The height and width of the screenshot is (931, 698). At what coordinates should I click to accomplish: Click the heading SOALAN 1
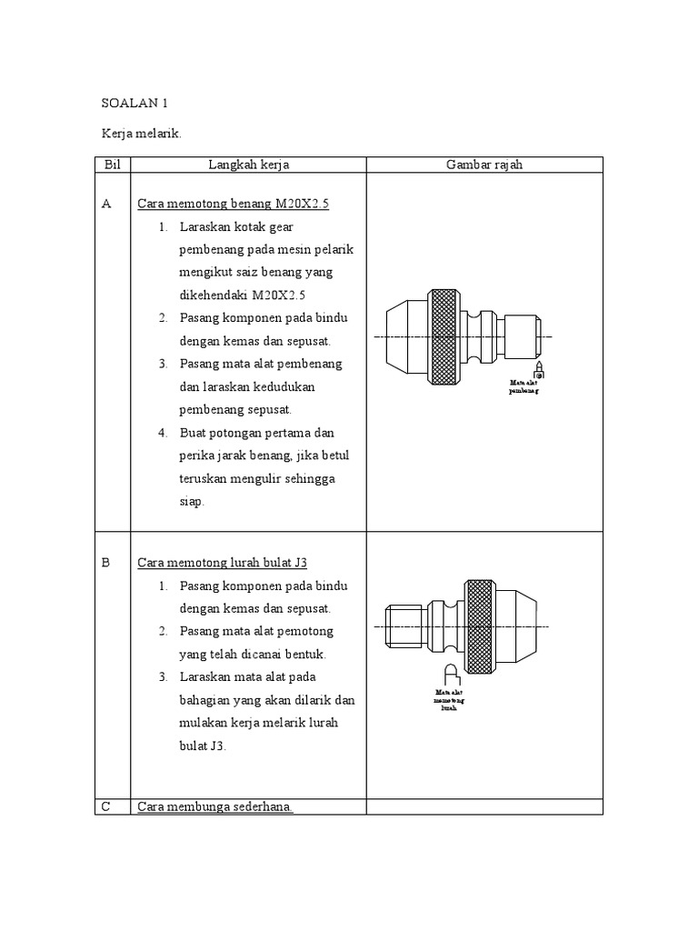[x=131, y=104]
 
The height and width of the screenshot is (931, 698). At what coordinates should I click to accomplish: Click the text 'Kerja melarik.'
[x=142, y=135]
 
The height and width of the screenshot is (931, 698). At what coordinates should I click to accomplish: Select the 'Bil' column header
[x=113, y=165]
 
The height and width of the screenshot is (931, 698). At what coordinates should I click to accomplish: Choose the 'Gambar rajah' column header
[x=484, y=165]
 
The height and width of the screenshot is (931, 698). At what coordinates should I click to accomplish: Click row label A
[x=107, y=205]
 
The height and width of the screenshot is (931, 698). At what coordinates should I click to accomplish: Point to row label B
[x=106, y=563]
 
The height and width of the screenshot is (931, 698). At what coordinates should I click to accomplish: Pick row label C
[x=107, y=806]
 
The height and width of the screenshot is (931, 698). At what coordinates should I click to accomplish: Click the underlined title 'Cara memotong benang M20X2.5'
[x=233, y=205]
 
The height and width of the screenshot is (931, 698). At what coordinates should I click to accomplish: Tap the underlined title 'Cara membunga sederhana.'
[x=215, y=806]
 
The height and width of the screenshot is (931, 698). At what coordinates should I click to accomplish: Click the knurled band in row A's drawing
[x=444, y=336]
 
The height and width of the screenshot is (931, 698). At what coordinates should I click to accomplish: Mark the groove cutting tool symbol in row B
[x=451, y=675]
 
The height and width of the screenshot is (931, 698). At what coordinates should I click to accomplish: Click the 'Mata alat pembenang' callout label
[x=524, y=388]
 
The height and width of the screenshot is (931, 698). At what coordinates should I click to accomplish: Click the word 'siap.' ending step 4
[x=193, y=501]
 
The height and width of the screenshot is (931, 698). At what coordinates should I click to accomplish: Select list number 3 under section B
[x=163, y=677]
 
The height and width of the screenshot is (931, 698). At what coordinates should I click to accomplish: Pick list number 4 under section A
[x=163, y=433]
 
